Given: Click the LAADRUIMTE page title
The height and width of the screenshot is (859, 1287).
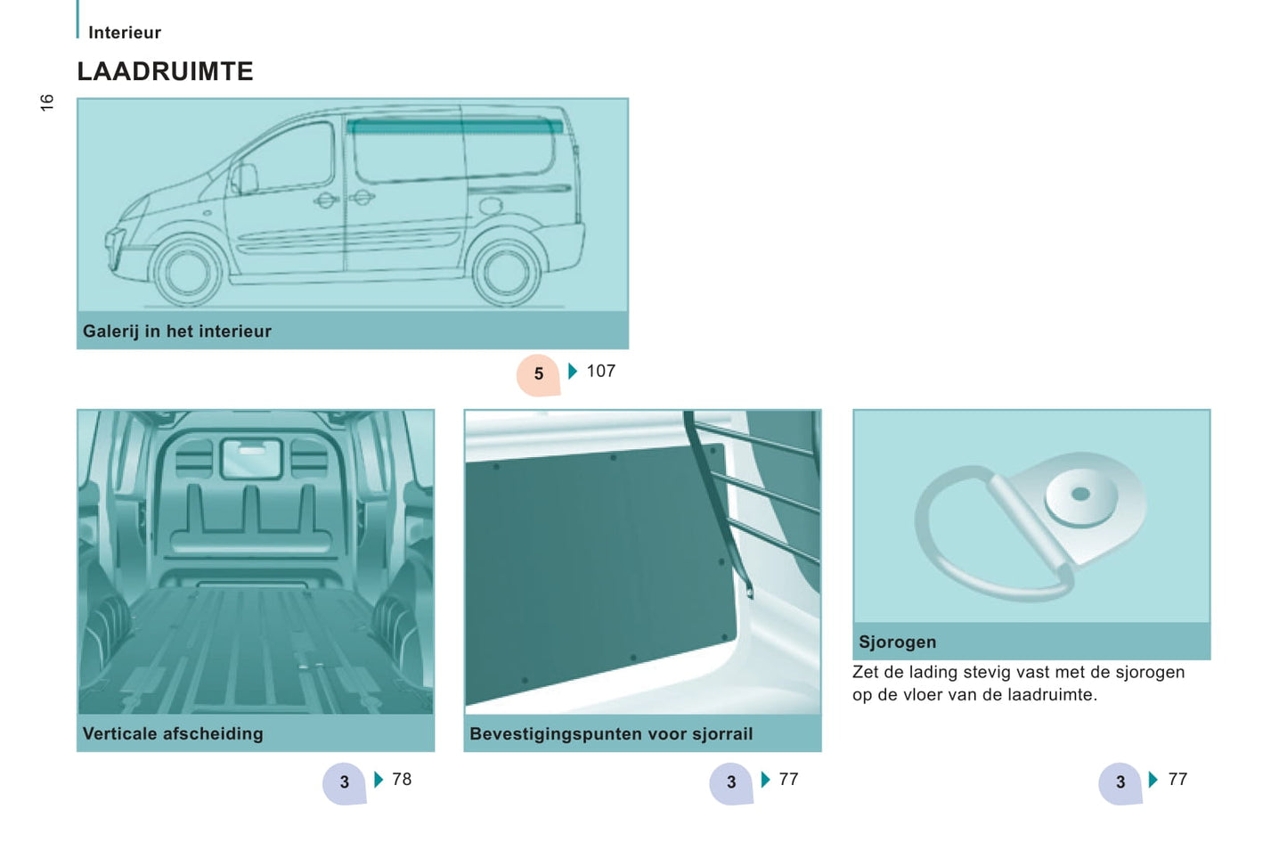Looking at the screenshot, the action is point(166,71).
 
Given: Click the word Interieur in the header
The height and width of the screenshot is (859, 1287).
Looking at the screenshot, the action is point(125,33).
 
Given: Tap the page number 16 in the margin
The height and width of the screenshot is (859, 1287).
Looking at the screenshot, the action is point(46,102).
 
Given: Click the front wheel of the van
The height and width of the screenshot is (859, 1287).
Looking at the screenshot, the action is point(187,272).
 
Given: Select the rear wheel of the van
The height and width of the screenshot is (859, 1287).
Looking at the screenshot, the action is point(506,273).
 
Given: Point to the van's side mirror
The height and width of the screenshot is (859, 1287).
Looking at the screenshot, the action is point(244,178).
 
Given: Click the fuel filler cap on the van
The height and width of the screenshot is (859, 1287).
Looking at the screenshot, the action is point(490,205).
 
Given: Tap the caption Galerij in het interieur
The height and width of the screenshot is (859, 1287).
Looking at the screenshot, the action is point(177,331).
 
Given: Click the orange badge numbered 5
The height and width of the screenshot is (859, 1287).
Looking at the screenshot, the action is point(538,374).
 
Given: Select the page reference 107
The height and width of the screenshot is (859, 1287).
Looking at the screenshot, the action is point(601,371).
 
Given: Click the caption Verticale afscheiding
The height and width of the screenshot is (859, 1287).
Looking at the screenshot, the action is point(173,733).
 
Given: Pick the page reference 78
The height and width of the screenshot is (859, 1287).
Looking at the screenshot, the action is point(402,779).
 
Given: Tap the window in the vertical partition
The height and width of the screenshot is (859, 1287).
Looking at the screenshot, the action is point(252,458).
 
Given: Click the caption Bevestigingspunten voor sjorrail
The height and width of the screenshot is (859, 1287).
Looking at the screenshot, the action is point(611,734).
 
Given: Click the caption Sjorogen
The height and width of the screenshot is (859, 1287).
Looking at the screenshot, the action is point(898,642).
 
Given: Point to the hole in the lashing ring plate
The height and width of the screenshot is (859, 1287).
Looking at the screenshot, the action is point(1080,494).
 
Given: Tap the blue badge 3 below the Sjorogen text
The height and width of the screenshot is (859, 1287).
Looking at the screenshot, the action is point(1120,782).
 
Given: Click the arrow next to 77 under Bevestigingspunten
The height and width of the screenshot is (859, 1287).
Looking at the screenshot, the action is point(765,779).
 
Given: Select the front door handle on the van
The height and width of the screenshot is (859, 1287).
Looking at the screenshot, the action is point(326,200).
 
